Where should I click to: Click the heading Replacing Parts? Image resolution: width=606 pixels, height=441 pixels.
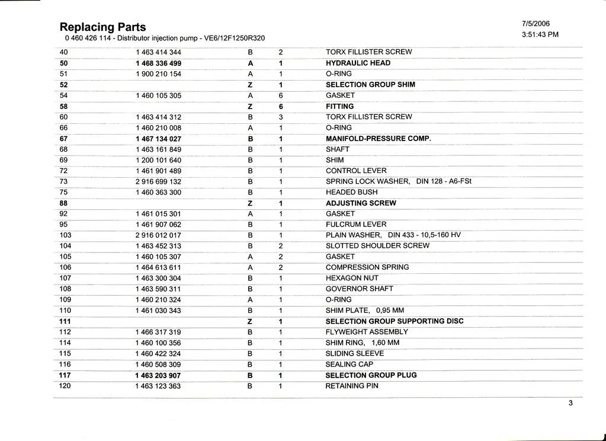click(102, 27)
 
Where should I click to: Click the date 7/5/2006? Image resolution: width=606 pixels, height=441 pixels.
click(536, 24)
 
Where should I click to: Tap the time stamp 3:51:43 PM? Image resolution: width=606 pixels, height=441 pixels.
click(540, 34)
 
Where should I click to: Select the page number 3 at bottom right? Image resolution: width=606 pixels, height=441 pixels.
click(570, 404)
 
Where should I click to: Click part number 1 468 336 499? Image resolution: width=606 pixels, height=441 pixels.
click(158, 63)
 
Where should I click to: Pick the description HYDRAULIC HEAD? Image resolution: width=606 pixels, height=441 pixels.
click(358, 63)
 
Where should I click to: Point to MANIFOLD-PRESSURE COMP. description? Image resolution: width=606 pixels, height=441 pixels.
click(378, 139)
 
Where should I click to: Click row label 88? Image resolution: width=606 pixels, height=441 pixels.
click(64, 203)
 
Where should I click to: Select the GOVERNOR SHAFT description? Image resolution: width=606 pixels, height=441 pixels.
click(359, 289)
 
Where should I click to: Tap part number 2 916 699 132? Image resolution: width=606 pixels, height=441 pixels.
click(158, 182)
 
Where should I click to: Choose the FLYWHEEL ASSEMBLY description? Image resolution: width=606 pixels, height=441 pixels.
click(366, 332)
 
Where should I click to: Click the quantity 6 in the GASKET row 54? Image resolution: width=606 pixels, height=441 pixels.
click(280, 95)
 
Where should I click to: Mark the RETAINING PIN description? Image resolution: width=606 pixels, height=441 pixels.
click(351, 386)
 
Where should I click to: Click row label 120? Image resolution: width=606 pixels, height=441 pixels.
click(65, 386)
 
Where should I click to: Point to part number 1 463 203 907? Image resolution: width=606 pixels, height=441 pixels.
click(158, 376)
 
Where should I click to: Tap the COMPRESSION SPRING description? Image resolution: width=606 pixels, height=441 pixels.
click(367, 267)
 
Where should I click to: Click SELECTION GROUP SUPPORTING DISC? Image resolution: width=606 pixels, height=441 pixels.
click(394, 321)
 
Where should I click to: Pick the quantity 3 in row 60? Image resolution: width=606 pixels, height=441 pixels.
click(280, 117)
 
